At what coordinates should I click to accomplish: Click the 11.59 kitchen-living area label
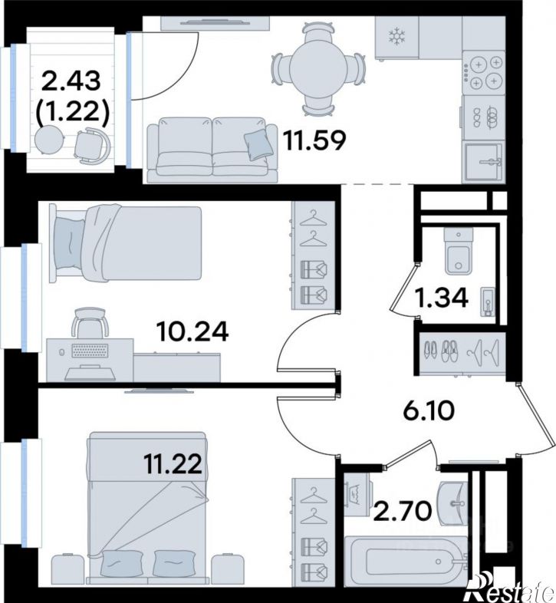coord(315,140)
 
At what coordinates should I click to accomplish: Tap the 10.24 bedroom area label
coord(192,331)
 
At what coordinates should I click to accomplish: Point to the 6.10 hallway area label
coord(429,410)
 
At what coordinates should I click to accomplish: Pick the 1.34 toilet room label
coord(442,297)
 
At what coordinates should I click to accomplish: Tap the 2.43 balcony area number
coord(71,81)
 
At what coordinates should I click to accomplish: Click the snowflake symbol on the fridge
coord(396,37)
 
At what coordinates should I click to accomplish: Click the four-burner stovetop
coord(483,72)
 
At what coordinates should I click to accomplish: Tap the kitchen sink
coord(484,162)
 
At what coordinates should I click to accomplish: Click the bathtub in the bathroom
coord(406,561)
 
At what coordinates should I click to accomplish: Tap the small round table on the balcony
coord(49,140)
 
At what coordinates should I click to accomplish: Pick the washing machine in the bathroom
coord(357,495)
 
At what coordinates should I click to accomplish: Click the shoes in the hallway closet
coord(442,351)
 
